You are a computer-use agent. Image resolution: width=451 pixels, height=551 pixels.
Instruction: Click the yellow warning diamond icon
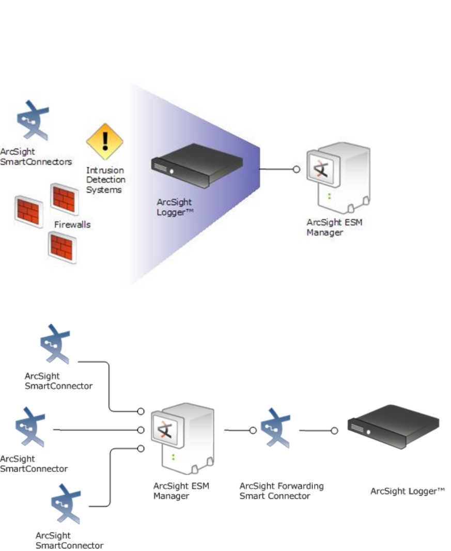pyautogui.click(x=105, y=141)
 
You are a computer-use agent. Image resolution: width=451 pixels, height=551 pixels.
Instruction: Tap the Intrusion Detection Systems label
pyautogui.click(x=106, y=180)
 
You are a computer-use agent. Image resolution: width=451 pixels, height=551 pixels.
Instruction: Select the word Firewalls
pyautogui.click(x=72, y=225)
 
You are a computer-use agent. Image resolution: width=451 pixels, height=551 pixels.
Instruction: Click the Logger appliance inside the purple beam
pyautogui.click(x=197, y=165)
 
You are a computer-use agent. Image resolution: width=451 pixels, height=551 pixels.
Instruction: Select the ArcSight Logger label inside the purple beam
pyautogui.click(x=174, y=208)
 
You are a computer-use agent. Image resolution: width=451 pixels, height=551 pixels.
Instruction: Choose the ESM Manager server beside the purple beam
pyautogui.click(x=338, y=178)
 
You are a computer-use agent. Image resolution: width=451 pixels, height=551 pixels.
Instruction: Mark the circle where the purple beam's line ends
pyautogui.click(x=297, y=169)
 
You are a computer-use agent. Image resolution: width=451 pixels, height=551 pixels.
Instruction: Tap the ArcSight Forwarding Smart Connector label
pyautogui.click(x=282, y=491)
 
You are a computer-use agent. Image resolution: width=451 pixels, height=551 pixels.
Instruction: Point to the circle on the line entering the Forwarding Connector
pyautogui.click(x=253, y=430)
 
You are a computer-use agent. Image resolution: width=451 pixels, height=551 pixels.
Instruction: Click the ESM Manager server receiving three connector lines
pyautogui.click(x=182, y=438)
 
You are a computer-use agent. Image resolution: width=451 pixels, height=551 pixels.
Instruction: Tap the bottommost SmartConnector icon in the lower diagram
pyautogui.click(x=66, y=503)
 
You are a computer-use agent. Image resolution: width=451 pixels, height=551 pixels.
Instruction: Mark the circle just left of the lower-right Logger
pyautogui.click(x=335, y=430)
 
